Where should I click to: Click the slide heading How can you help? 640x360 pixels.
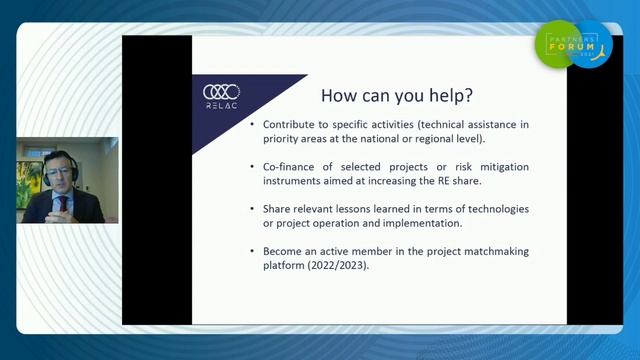coord(397,97)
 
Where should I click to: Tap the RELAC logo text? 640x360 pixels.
coord(221,105)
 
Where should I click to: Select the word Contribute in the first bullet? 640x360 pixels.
coord(289,124)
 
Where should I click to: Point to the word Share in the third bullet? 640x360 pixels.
coord(277,208)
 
